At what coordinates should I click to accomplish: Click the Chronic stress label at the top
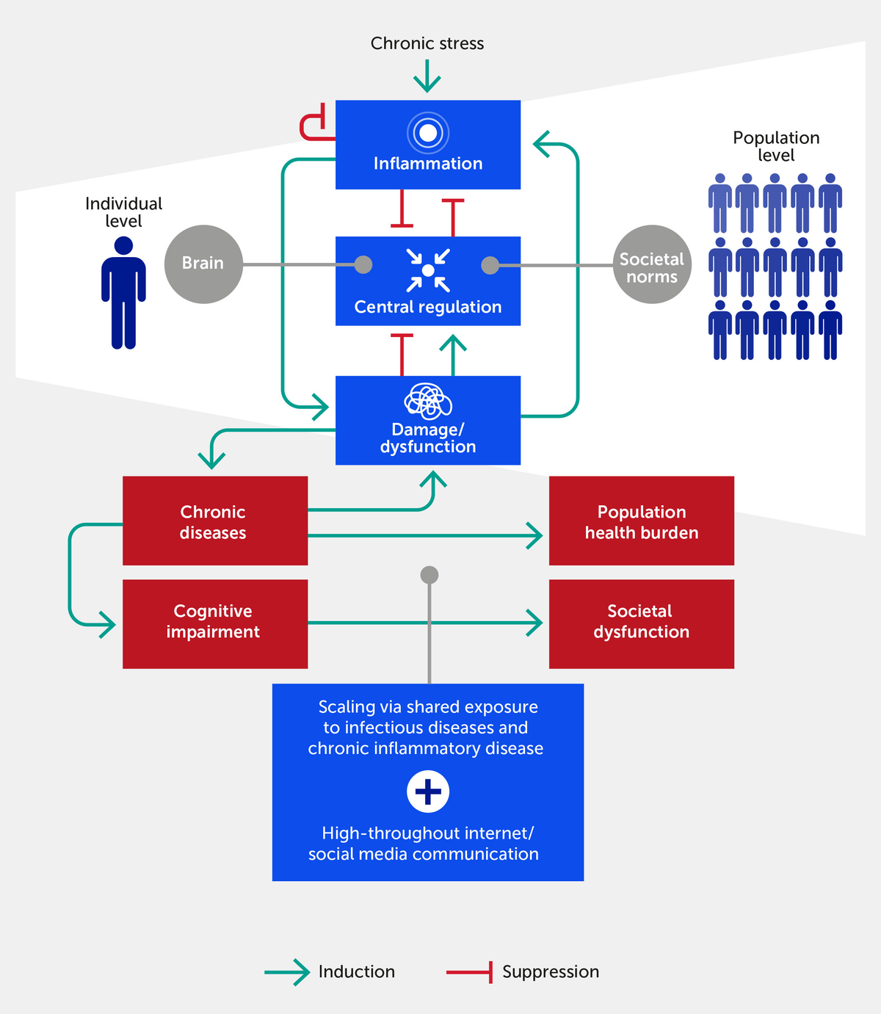pyautogui.click(x=427, y=43)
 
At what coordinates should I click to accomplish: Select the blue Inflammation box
pyautogui.click(x=428, y=145)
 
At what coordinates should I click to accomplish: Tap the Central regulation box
pyautogui.click(x=428, y=281)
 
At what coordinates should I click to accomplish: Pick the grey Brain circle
pyautogui.click(x=203, y=264)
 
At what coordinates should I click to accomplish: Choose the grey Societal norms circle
pyautogui.click(x=652, y=264)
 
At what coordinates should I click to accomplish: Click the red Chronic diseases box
pyautogui.click(x=214, y=521)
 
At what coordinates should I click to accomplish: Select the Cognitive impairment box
pyautogui.click(x=214, y=623)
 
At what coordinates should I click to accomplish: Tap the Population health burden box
pyautogui.click(x=641, y=521)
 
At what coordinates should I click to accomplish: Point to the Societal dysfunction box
pyautogui.click(x=641, y=623)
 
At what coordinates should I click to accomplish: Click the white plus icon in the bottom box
pyautogui.click(x=428, y=792)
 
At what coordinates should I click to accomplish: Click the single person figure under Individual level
pyautogui.click(x=123, y=292)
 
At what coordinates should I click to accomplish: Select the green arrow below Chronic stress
pyautogui.click(x=427, y=76)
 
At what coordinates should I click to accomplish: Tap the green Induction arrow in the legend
pyautogui.click(x=287, y=972)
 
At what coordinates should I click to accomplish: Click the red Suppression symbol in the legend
pyautogui.click(x=470, y=972)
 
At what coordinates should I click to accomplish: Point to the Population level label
pyautogui.click(x=776, y=146)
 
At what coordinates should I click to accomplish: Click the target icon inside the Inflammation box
pyautogui.click(x=428, y=133)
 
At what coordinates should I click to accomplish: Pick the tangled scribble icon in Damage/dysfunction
pyautogui.click(x=428, y=401)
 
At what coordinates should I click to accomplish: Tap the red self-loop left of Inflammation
pyautogui.click(x=313, y=126)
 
